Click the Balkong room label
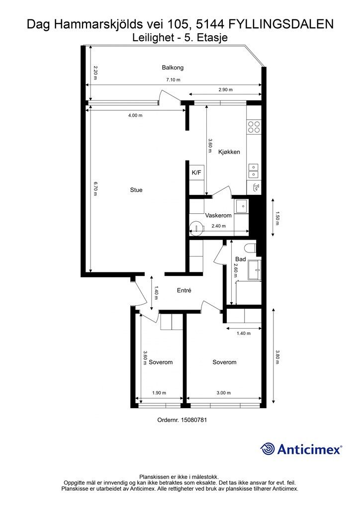173,68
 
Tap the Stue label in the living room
136,190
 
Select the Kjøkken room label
229,152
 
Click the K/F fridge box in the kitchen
196,172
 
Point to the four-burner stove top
254,127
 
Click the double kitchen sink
253,171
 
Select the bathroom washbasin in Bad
254,270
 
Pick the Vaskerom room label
218,216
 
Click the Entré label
184,290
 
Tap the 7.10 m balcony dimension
174,80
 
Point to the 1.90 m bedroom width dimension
159,393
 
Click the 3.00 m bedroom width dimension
224,393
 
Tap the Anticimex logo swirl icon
268,449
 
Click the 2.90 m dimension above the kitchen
225,89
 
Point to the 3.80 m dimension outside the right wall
277,356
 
